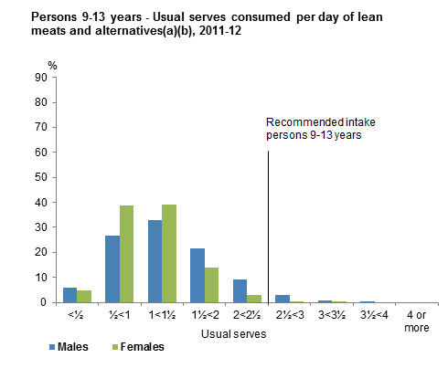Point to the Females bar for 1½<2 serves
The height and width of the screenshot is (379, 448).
click(x=212, y=285)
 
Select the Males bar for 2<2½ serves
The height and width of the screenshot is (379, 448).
click(x=240, y=290)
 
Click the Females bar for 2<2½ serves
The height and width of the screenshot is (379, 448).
click(x=254, y=298)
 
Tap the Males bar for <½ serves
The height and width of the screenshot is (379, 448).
click(x=69, y=294)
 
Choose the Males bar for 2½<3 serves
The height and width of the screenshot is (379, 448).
click(x=283, y=298)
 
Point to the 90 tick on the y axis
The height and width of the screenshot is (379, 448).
click(x=42, y=78)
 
